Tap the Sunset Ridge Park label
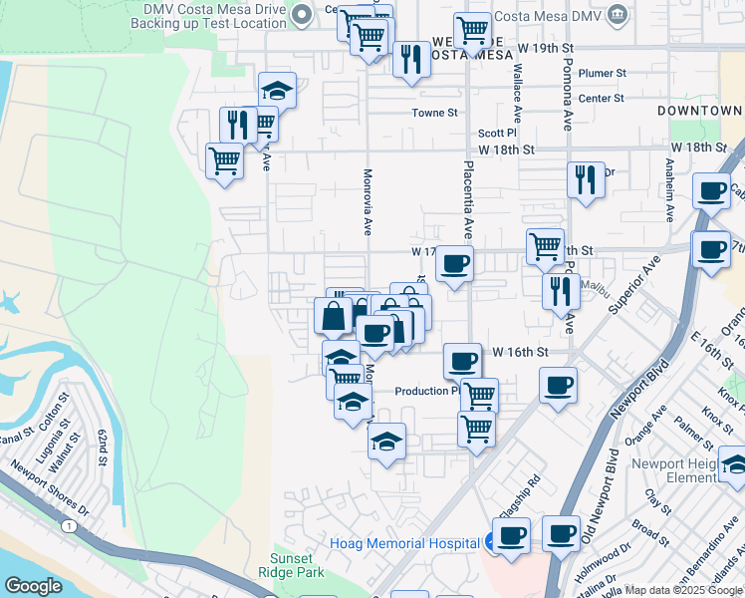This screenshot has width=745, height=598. pos(298,566)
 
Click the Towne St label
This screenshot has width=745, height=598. pos(434,113)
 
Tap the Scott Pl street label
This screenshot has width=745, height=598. pos(497,133)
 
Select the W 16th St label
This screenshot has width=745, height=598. pos(521,353)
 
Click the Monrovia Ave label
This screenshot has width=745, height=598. pos(367,200)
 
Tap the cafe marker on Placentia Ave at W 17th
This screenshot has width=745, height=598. pos(454,265)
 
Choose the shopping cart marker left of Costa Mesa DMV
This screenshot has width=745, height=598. pos(472,30)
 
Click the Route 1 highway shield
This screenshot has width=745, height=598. pos(67,525)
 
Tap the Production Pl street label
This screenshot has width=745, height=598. pos(425,391)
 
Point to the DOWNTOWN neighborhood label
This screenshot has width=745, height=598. pos(700,110)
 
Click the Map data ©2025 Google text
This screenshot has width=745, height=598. pos(684,590)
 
